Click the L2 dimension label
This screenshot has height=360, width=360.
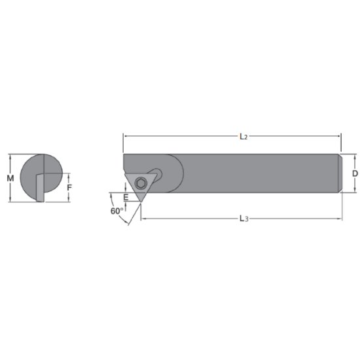pyautogui.click(x=243, y=137)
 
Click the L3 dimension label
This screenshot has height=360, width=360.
pyautogui.click(x=243, y=218)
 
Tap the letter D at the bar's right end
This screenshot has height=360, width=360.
pyautogui.click(x=354, y=173)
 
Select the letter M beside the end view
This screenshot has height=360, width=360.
pyautogui.click(x=9, y=178)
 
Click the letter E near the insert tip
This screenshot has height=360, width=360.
pyautogui.click(x=126, y=197)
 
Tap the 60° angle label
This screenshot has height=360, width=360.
pyautogui.click(x=116, y=211)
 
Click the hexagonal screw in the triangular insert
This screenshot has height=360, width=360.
pyautogui.click(x=141, y=181)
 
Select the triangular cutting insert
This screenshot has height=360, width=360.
pyautogui.click(x=141, y=185)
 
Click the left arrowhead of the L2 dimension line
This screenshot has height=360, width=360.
pyautogui.click(x=126, y=136)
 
